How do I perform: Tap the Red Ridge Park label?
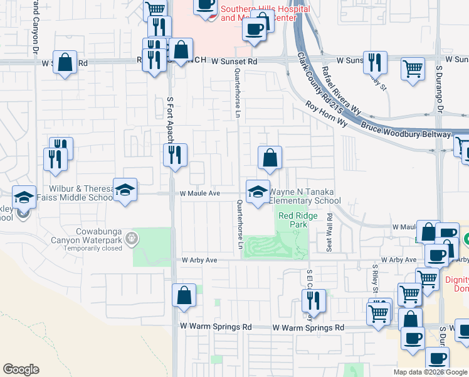click(298, 220)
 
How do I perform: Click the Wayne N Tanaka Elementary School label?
click(305, 196)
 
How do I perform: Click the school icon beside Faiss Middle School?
click(125, 190)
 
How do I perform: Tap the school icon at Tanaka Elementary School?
click(257, 192)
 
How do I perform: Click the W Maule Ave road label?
click(200, 194)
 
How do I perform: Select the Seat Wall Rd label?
click(328, 232)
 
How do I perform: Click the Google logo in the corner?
click(21, 369)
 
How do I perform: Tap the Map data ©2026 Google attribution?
click(430, 372)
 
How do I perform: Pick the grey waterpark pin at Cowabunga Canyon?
click(130, 238)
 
